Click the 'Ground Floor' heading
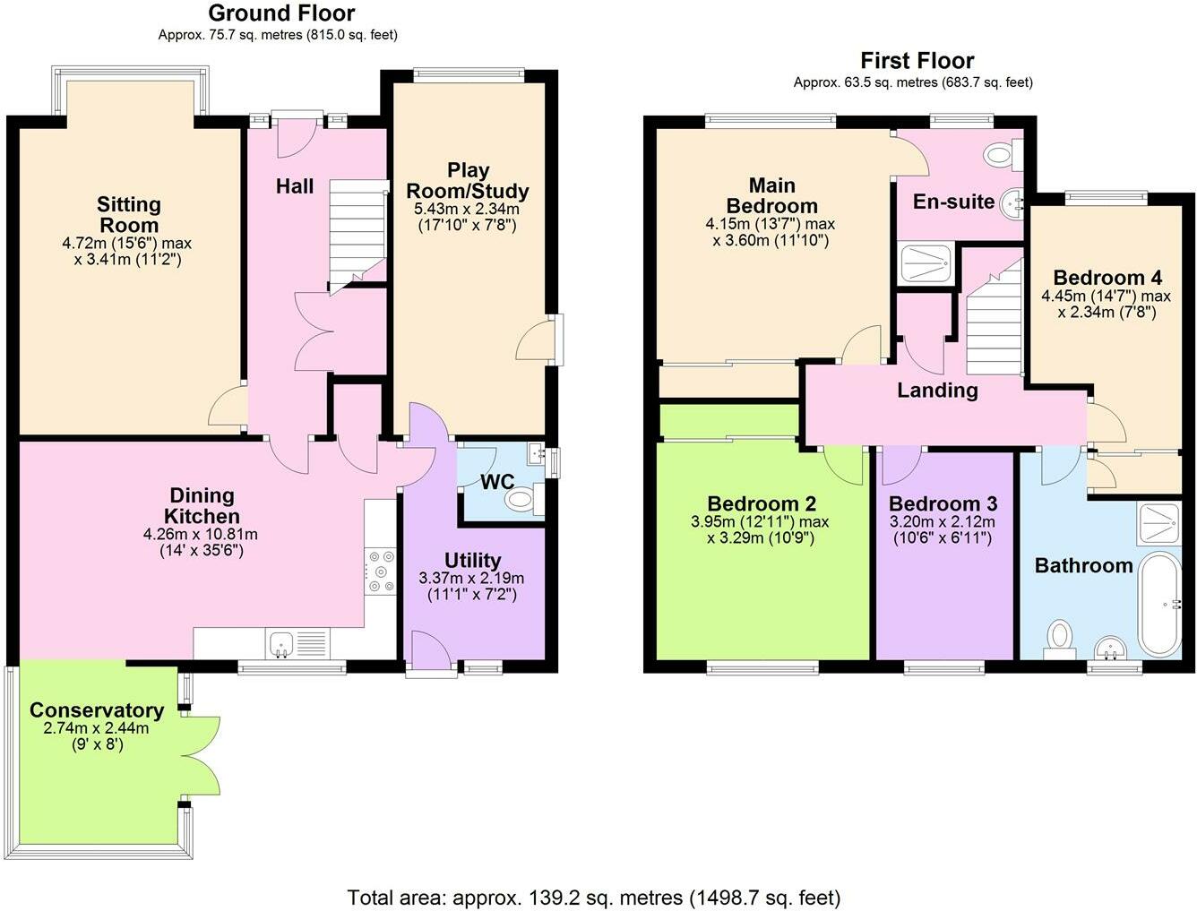pos(281,13)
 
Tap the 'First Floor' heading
pos(917,61)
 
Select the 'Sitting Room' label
pos(129,215)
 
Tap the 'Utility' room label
pos(472,562)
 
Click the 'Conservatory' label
pos(97,710)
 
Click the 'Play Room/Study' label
pos(468,180)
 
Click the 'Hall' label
pos(295,186)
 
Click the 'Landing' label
pos(937,391)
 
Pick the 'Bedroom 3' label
pos(943,504)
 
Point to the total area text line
pos(593,897)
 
